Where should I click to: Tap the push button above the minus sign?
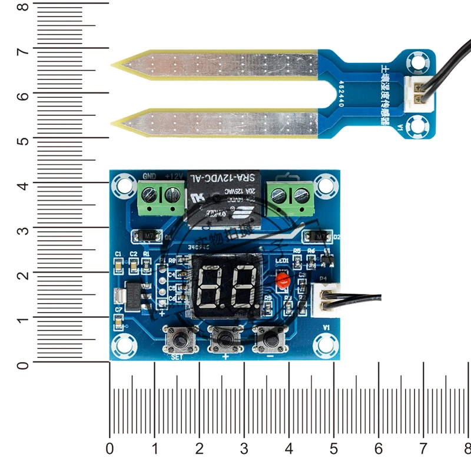coord(270,339)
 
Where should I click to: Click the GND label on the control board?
coord(150,176)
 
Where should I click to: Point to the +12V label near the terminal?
coord(174,176)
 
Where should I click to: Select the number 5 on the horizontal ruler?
coord(334,449)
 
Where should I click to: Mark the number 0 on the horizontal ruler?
coord(110,449)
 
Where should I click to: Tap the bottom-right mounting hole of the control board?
coord(324,344)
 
